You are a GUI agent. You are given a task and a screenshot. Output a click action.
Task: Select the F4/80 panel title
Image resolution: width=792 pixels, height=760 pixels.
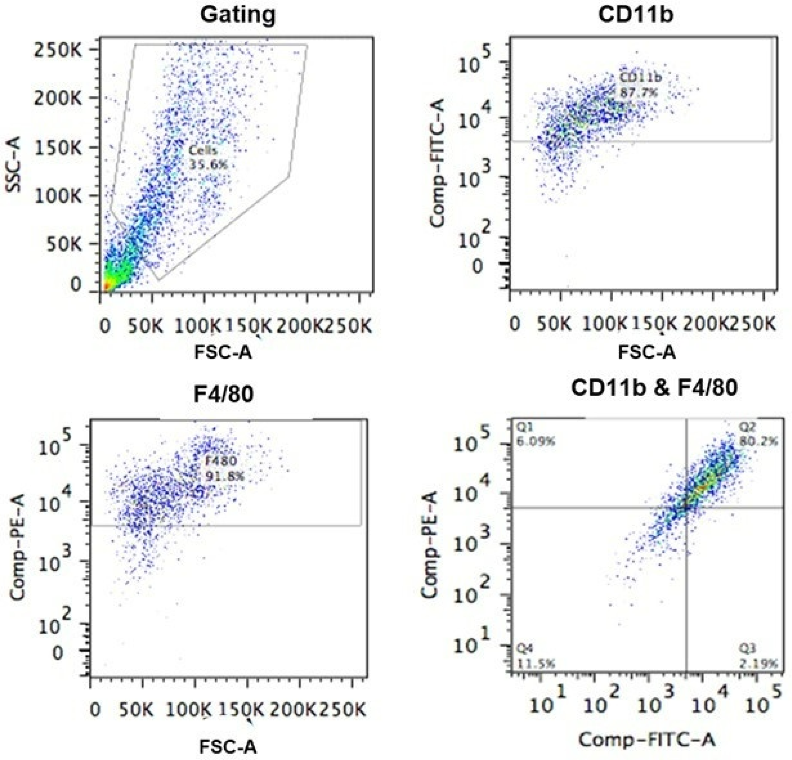tap(224, 394)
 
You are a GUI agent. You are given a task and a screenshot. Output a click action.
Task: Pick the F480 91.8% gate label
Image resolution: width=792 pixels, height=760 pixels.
tap(225, 469)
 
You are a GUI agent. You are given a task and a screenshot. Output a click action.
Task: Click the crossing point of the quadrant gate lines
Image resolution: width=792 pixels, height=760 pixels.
tap(687, 508)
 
